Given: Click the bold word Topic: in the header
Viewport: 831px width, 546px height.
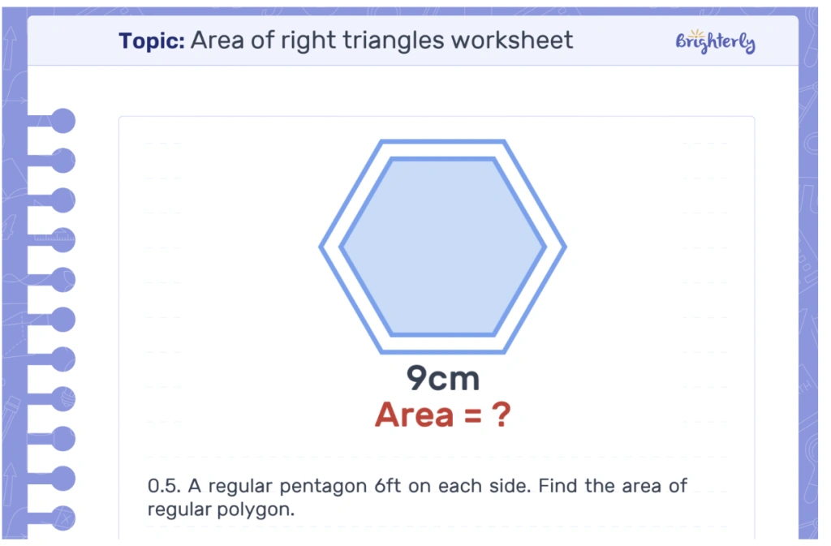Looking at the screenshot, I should pyautogui.click(x=152, y=41).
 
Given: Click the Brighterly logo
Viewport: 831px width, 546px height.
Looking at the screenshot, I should pyautogui.click(x=715, y=41).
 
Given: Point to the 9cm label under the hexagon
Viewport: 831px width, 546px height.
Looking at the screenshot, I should pyautogui.click(x=443, y=378).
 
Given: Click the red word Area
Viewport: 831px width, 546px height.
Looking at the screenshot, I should pyautogui.click(x=414, y=415).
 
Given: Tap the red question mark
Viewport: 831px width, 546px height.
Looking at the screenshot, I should pyautogui.click(x=502, y=415).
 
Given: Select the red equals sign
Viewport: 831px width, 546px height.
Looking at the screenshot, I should pyautogui.click(x=473, y=416).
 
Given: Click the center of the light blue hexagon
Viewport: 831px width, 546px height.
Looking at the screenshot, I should pyautogui.click(x=442, y=247).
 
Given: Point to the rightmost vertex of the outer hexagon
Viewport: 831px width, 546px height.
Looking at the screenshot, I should pyautogui.click(x=565, y=247).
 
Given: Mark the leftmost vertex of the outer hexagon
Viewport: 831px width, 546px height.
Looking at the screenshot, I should pyautogui.click(x=320, y=247).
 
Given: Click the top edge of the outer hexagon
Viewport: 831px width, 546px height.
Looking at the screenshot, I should pyautogui.click(x=442, y=142).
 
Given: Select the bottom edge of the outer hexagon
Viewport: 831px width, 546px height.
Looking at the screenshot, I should pyautogui.click(x=442, y=351).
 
